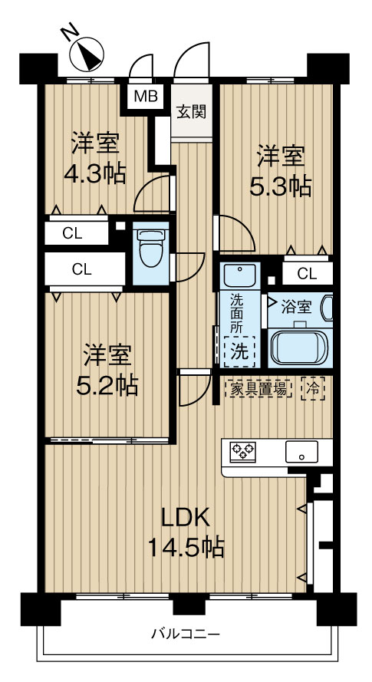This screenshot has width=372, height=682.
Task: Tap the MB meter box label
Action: (143, 97)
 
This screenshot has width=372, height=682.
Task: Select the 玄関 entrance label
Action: (192, 112)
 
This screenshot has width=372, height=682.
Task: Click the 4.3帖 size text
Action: (94, 173)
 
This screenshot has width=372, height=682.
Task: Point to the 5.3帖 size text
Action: (281, 186)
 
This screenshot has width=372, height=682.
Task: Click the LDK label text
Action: (185, 517)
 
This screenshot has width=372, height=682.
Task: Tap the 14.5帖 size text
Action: (186, 548)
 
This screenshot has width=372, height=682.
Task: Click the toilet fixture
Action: (150, 245)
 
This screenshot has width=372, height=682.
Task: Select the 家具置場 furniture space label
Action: (258, 389)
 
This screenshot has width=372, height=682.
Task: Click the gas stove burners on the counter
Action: (244, 452)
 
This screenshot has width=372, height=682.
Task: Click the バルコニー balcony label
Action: (185, 634)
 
